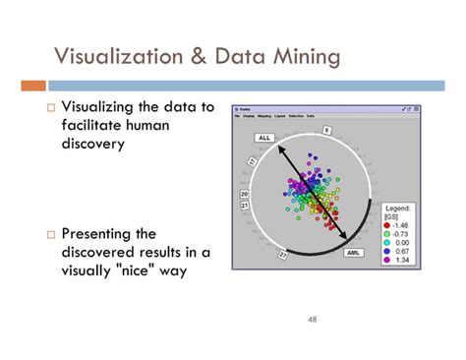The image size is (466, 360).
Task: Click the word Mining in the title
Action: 305,56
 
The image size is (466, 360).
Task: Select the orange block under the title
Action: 31,86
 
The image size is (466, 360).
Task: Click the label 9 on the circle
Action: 327,129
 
